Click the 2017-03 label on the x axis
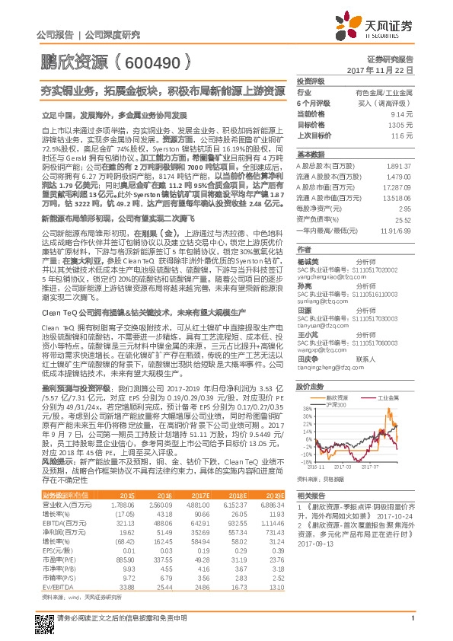pyautogui.click(x=354, y=468)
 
